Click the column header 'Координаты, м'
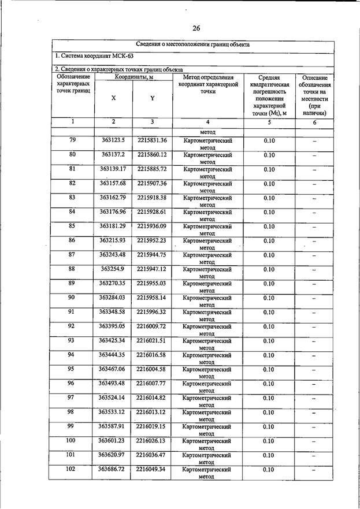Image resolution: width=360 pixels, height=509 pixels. pyautogui.click(x=133, y=77)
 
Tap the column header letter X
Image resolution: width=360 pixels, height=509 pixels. pyautogui.click(x=113, y=98)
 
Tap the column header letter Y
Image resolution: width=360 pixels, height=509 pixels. pyautogui.click(x=152, y=98)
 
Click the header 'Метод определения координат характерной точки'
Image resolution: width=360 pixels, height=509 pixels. pyautogui.click(x=208, y=84)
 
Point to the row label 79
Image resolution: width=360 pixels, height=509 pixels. pyautogui.click(x=72, y=140)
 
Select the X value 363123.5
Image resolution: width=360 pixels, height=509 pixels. pyautogui.click(x=113, y=140)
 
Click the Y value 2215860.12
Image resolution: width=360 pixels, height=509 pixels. pyautogui.click(x=152, y=155)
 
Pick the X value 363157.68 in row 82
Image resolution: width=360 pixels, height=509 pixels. pyautogui.click(x=113, y=183)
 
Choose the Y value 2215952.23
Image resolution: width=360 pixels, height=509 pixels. pyautogui.click(x=152, y=240)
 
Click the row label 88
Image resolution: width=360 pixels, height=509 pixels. pyautogui.click(x=72, y=269)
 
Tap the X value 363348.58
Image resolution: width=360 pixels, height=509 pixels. pyautogui.click(x=112, y=312)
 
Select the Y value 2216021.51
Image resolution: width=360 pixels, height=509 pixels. pyautogui.click(x=151, y=341)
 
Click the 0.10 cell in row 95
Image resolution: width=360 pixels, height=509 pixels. pyautogui.click(x=269, y=370)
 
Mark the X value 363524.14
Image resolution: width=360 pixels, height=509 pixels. pyautogui.click(x=112, y=398)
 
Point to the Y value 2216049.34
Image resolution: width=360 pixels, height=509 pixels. pyautogui.click(x=151, y=470)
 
